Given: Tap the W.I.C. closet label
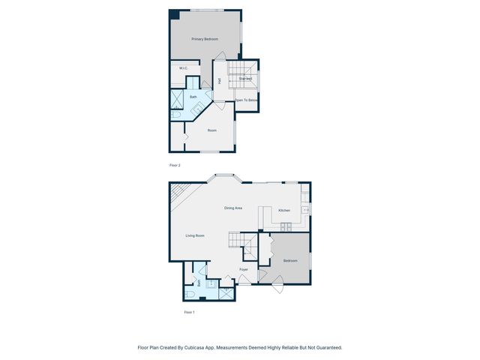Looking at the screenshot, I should [x=183, y=68].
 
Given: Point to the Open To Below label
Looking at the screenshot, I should [x=247, y=100].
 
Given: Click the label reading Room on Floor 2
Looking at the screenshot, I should [x=212, y=130].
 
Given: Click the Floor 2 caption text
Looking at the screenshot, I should [x=175, y=165].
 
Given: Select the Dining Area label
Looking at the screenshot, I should [x=233, y=208].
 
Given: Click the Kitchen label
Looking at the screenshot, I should [x=284, y=211].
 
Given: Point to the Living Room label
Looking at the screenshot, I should [x=195, y=235].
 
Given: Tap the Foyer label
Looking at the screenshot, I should [x=244, y=268].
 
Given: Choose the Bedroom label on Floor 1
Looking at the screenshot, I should [x=289, y=260].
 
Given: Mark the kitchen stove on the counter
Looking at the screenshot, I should [x=306, y=209].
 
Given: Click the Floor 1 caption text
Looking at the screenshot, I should [x=189, y=312].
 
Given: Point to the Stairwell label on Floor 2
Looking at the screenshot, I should [x=245, y=78].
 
